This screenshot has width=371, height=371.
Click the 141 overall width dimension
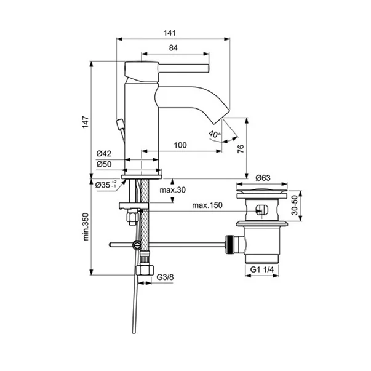(x=170, y=33)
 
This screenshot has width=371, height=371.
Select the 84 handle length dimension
(x=174, y=48)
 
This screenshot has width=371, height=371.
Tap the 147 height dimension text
(x=85, y=122)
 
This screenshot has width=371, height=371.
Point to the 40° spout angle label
(x=214, y=134)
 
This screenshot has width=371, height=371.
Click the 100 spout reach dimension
(x=180, y=145)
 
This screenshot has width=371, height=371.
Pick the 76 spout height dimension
(x=241, y=149)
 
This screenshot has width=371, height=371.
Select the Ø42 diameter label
(x=103, y=154)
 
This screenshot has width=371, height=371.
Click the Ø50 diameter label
(x=103, y=164)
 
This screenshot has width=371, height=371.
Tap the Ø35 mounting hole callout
(x=106, y=185)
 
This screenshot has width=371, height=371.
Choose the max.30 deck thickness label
(x=172, y=190)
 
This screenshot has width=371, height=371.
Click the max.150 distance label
(x=207, y=205)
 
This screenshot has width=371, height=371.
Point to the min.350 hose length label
(x=86, y=227)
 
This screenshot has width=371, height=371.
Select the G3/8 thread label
(x=165, y=277)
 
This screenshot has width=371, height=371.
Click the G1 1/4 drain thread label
(x=262, y=269)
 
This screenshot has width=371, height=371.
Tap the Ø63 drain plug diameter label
(x=263, y=178)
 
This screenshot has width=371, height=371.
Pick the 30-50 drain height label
(x=295, y=205)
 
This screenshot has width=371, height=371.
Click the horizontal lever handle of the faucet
(x=183, y=68)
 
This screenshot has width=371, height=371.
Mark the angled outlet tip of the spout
(x=221, y=117)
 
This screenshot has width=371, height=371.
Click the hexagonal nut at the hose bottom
(x=145, y=270)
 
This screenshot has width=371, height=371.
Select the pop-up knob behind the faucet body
(x=120, y=124)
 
